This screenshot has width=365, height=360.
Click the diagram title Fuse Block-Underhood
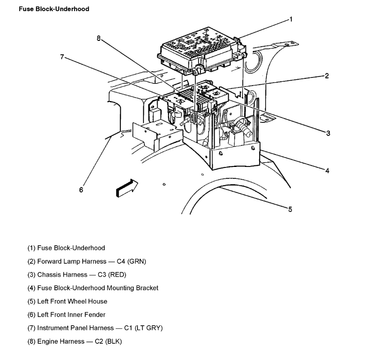pos(54,9)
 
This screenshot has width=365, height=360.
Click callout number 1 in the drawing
pos(290,19)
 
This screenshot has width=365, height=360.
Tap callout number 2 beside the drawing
pos(326,76)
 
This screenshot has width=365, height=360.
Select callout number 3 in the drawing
pos(328,133)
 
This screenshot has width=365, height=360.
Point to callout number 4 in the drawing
pos(327,171)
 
